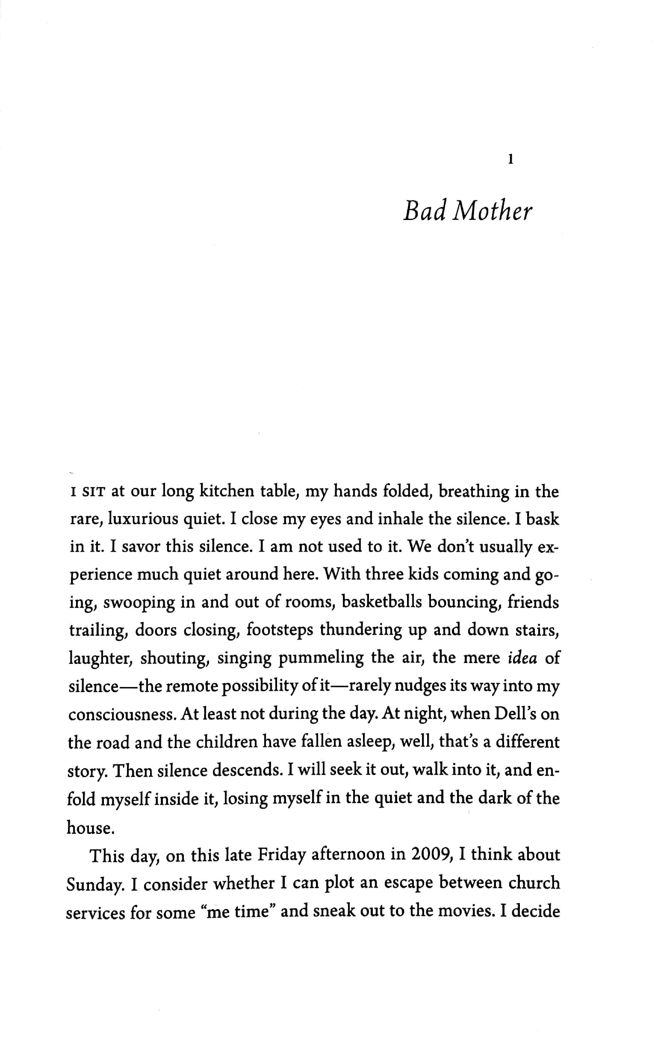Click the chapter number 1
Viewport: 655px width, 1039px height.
510,161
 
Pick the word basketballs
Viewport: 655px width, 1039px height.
381,603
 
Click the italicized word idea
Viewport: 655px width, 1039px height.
522,658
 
